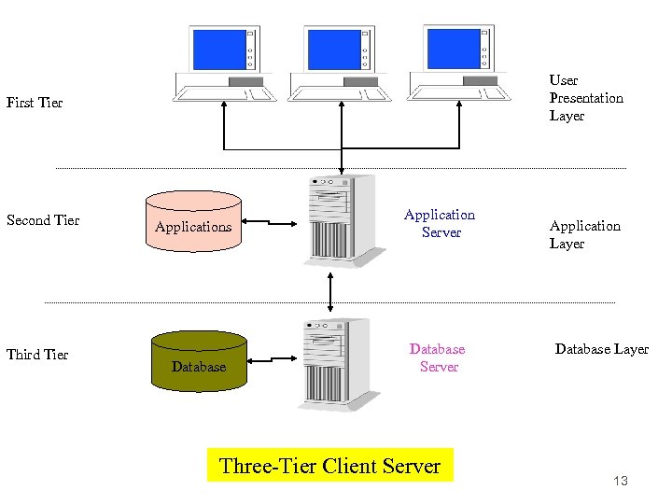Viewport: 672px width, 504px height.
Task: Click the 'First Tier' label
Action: tap(35, 103)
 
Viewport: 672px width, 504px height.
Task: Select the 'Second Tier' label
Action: tap(43, 220)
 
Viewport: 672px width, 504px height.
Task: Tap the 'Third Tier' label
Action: tap(37, 355)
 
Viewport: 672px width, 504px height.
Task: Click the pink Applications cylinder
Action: tap(193, 220)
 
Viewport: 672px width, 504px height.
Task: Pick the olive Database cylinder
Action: tap(199, 359)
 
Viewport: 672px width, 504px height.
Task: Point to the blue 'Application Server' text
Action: tap(440, 223)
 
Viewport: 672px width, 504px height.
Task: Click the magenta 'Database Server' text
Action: tap(438, 357)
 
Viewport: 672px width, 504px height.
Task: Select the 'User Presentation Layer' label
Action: tap(585, 98)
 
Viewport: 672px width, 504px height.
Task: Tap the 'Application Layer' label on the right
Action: tap(584, 234)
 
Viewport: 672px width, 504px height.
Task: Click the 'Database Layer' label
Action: tap(601, 349)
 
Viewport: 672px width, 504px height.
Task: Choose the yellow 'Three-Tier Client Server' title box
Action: tap(329, 466)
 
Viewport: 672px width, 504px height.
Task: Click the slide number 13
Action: tap(621, 481)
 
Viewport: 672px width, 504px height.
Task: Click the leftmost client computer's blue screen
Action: tap(217, 49)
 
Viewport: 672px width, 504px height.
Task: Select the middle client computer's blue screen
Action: tap(333, 49)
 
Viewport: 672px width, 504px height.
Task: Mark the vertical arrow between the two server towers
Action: tap(329, 291)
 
